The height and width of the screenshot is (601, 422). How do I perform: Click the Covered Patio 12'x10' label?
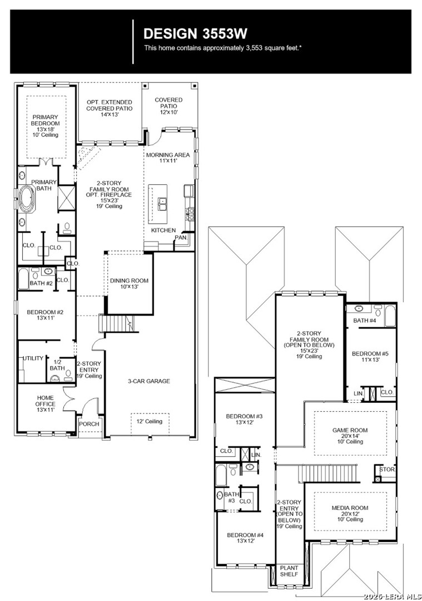click(168, 106)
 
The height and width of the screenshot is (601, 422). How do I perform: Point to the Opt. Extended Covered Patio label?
click(109, 109)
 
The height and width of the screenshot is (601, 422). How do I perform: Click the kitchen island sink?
click(162, 204)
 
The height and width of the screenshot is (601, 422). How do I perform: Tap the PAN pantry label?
click(181, 238)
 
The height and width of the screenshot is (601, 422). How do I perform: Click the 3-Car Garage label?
click(148, 381)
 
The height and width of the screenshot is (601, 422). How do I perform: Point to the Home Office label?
click(46, 403)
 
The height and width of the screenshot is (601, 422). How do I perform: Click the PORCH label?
click(89, 424)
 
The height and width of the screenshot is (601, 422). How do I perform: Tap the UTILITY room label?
click(32, 358)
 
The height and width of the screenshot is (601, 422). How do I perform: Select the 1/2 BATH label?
click(57, 364)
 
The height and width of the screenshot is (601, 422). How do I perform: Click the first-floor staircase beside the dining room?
click(115, 323)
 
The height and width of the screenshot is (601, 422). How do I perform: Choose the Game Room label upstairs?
click(350, 434)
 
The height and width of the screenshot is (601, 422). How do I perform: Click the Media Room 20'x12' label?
click(350, 512)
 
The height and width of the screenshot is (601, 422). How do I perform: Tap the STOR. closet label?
click(387, 470)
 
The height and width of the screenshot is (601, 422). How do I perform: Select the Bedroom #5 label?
click(370, 357)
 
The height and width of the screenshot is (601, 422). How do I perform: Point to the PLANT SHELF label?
click(289, 571)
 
